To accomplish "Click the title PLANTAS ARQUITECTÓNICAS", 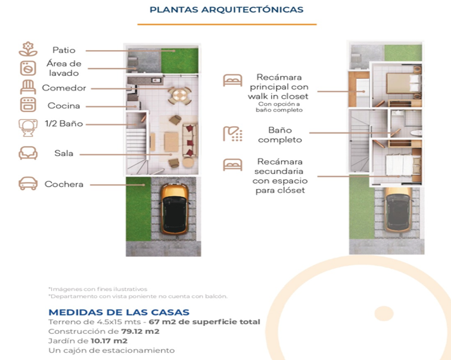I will tap(226, 10).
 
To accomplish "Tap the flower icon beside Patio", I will tap(28, 49).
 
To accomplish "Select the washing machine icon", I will tap(28, 68).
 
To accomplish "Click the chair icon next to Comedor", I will tap(28, 88).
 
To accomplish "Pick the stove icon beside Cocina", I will tap(28, 105).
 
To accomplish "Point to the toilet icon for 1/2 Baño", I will tap(28, 125).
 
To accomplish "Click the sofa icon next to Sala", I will tap(28, 153).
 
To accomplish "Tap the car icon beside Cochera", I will tap(28, 184).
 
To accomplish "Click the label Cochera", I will tap(64, 184).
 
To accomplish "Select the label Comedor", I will tap(64, 88).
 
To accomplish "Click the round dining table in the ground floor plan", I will tap(178, 95).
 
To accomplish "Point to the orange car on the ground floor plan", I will tap(175, 208).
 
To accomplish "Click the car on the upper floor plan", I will tap(397, 211).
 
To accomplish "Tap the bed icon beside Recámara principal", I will tap(232, 80).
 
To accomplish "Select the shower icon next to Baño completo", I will tap(232, 134).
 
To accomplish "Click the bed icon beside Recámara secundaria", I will tap(232, 163).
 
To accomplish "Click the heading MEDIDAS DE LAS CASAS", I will tap(119, 312).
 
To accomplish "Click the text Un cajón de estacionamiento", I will tap(111, 350).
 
